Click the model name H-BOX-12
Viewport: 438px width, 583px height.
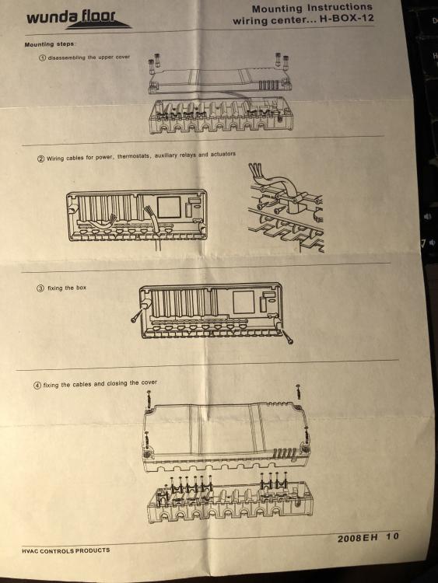point(346,18)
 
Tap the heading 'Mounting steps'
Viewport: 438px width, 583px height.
point(49,44)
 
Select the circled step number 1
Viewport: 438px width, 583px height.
point(43,58)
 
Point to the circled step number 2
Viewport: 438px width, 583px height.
point(41,159)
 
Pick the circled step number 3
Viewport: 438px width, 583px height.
point(40,288)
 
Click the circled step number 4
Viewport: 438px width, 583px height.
point(37,386)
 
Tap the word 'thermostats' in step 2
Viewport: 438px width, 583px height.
point(134,156)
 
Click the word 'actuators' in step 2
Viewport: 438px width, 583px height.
point(223,154)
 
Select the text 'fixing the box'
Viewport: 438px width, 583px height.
point(67,288)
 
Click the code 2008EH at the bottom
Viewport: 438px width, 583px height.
point(358,538)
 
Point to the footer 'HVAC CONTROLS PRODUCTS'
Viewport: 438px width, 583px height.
point(66,550)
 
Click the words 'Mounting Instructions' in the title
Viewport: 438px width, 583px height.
point(312,8)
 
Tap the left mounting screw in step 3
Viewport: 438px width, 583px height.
point(137,315)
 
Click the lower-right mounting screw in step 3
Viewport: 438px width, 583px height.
point(287,336)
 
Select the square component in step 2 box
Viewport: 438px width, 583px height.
point(169,208)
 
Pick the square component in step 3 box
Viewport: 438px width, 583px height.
point(244,302)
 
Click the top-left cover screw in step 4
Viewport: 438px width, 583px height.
point(149,400)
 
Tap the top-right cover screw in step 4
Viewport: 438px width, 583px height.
point(298,392)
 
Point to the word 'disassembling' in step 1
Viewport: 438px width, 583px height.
point(67,58)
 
